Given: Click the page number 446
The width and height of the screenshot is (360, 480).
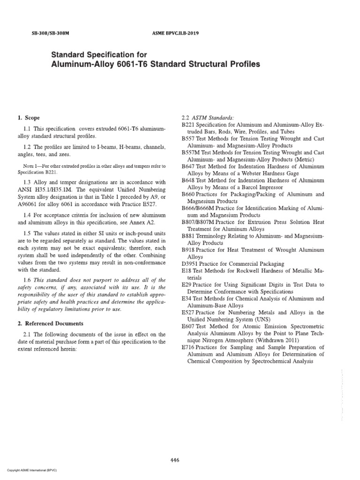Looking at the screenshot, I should [175, 461].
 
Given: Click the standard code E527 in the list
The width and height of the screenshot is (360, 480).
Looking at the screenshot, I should [188, 312].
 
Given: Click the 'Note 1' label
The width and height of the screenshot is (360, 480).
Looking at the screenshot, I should [33, 166].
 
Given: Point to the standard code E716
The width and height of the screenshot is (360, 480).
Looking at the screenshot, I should [188, 347].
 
